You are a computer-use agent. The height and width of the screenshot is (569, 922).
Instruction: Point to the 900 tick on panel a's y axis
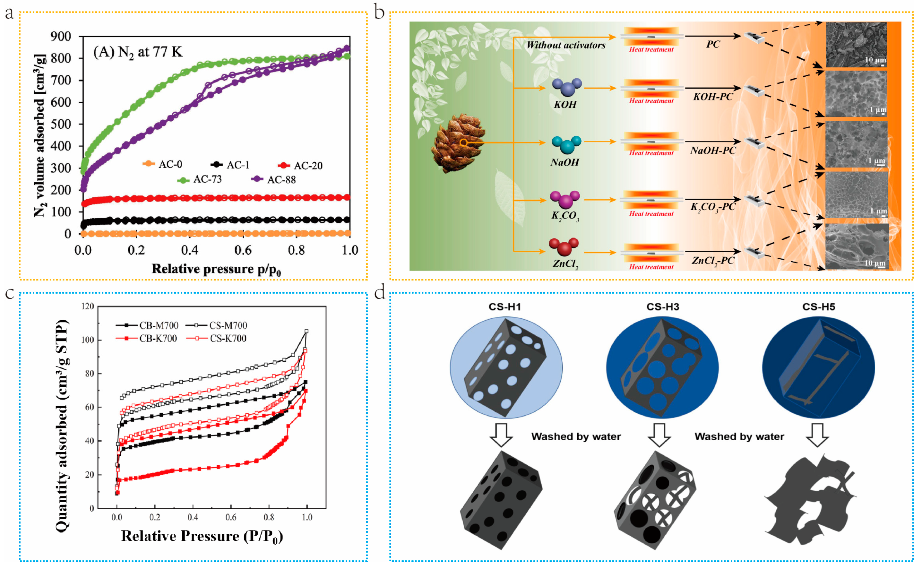pos(61,37)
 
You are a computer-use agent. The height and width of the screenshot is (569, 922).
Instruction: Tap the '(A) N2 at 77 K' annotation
pos(138,52)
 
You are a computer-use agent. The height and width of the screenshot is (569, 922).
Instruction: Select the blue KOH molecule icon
pos(567,87)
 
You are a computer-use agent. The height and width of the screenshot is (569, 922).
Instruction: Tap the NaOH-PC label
pos(713,151)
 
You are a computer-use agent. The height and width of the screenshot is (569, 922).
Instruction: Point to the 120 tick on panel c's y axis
pos(88,306)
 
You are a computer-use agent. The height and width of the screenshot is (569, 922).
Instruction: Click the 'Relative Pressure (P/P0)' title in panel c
pos(202,536)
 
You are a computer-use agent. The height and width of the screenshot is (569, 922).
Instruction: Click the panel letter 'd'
pos(380,292)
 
